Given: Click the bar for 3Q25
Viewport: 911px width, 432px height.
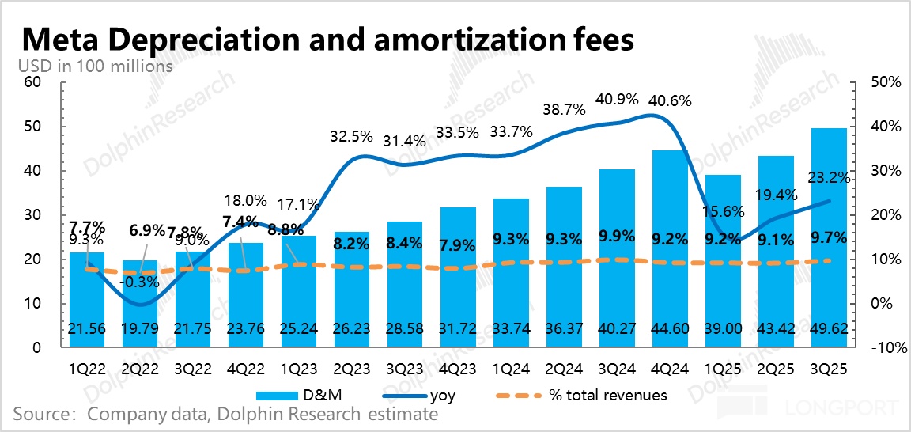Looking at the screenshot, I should coord(831,237).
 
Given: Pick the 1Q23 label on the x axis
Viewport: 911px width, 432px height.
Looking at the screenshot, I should coord(300,368).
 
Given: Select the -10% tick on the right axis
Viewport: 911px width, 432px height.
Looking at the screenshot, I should coord(875,348).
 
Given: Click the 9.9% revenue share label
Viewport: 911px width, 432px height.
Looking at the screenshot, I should coord(618,235).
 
